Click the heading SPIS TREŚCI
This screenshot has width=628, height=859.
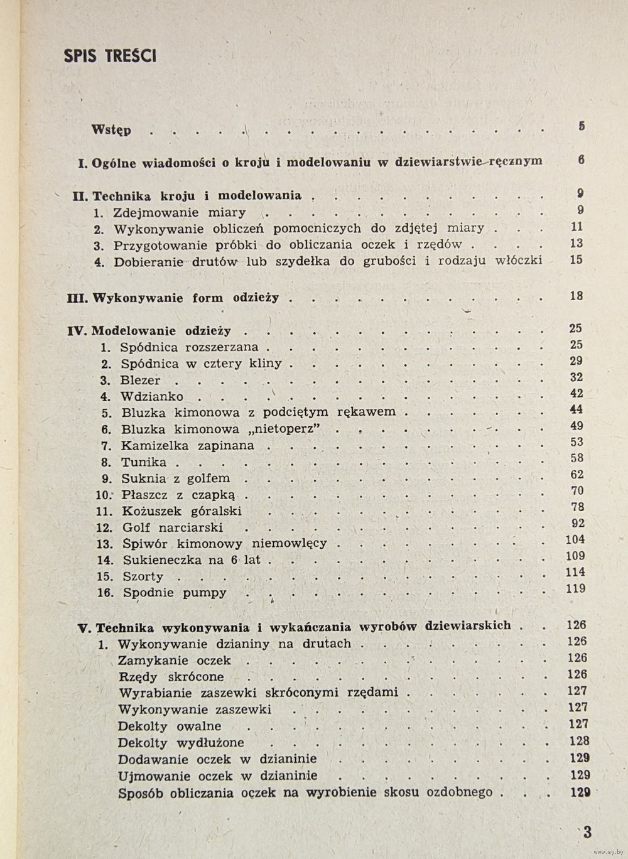click(x=110, y=56)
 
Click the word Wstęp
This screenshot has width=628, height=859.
click(x=111, y=130)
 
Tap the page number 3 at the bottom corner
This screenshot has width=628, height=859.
click(x=587, y=833)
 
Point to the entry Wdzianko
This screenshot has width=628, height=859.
click(x=152, y=397)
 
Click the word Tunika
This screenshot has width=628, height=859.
click(x=144, y=463)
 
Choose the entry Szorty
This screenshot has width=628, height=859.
click(x=143, y=576)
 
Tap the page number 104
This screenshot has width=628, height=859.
click(x=575, y=540)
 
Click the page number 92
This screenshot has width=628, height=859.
click(x=577, y=524)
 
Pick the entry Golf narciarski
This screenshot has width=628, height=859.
click(x=173, y=528)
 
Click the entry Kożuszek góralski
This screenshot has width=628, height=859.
click(x=182, y=512)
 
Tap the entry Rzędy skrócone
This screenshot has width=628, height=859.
click(x=171, y=678)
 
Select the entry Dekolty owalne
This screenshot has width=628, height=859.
click(x=170, y=727)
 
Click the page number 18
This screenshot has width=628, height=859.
click(x=577, y=296)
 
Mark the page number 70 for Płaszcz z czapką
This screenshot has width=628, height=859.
click(x=577, y=491)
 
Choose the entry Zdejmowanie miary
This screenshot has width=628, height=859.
click(x=180, y=213)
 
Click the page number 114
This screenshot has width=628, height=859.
click(x=575, y=573)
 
